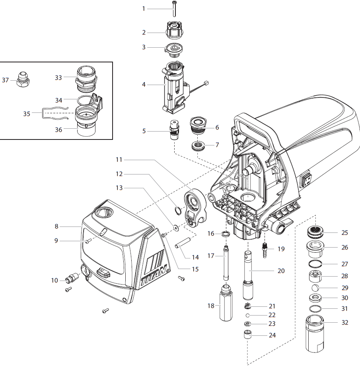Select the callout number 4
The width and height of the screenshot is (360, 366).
[144, 85]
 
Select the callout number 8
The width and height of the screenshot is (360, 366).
[57, 226]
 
